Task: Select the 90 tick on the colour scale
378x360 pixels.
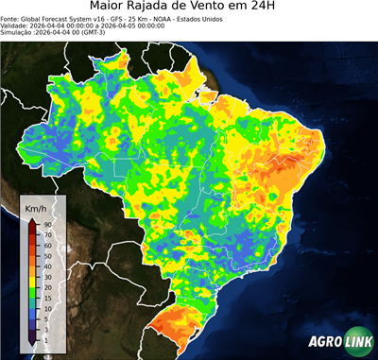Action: [x=45, y=224]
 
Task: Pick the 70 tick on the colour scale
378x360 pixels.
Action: [x=45, y=234]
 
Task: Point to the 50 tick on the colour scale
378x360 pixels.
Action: [x=45, y=255]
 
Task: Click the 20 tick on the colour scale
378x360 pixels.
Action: [x=45, y=285]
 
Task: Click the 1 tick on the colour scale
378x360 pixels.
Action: [x=45, y=338]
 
